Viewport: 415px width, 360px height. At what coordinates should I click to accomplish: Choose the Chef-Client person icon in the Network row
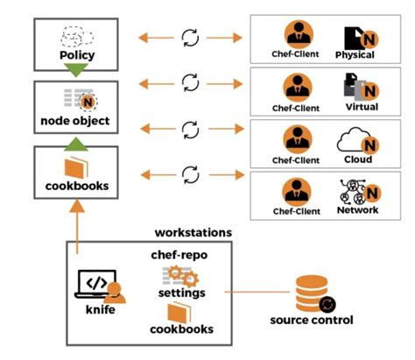pyautogui.click(x=294, y=190)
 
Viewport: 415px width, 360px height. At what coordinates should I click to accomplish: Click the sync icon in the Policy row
pyautogui.click(x=189, y=38)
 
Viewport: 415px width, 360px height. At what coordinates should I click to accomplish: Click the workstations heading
pyautogui.click(x=193, y=233)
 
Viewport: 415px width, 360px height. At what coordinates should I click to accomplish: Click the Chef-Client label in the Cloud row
pyautogui.click(x=294, y=160)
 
